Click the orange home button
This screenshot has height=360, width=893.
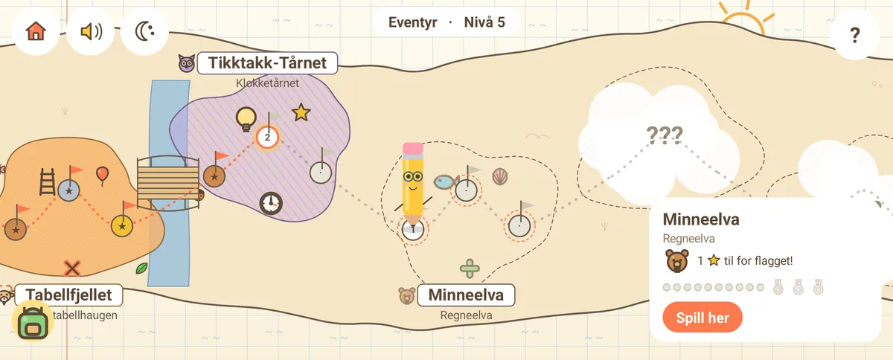click(x=36, y=31)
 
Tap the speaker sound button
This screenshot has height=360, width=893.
click(x=91, y=31)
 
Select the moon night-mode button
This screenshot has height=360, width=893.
click(x=144, y=31)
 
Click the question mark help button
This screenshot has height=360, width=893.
click(x=855, y=35)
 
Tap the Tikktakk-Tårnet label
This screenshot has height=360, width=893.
click(x=267, y=63)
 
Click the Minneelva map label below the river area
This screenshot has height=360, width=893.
click(x=466, y=295)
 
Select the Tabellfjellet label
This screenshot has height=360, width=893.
click(x=68, y=295)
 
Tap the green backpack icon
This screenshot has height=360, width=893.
click(x=33, y=324)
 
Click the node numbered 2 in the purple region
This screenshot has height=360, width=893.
click(x=267, y=138)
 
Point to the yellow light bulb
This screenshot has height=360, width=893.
click(x=246, y=119)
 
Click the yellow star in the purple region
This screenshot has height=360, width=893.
click(x=301, y=112)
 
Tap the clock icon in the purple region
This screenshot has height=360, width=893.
click(x=271, y=203)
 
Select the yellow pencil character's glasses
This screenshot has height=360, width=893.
click(x=413, y=176)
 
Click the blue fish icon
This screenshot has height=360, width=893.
click(x=446, y=182)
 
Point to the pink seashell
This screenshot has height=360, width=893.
click(x=500, y=176)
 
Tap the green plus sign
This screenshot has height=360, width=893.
click(x=470, y=269)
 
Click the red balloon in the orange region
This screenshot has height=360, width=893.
click(x=103, y=176)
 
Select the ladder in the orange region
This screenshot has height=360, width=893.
click(x=47, y=181)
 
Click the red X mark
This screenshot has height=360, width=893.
click(x=72, y=269)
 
